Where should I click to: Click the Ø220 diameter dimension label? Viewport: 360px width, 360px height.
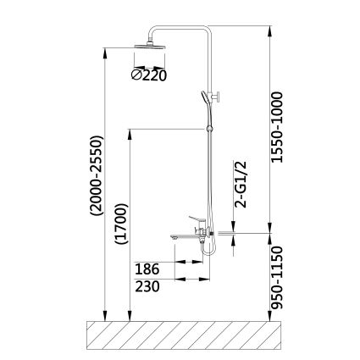[149, 75]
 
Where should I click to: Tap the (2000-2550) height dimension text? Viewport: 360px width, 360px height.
[97, 176]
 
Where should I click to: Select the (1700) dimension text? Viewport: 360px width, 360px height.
[121, 224]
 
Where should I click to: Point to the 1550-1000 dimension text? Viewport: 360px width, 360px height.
[276, 127]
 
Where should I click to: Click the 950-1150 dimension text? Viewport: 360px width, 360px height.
[276, 278]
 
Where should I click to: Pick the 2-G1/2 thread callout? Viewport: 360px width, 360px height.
[241, 185]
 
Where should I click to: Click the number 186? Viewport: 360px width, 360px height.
[147, 269]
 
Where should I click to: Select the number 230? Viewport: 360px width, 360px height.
[147, 286]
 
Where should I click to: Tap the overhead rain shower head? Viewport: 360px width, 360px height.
[150, 47]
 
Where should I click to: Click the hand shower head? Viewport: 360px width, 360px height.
[205, 97]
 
